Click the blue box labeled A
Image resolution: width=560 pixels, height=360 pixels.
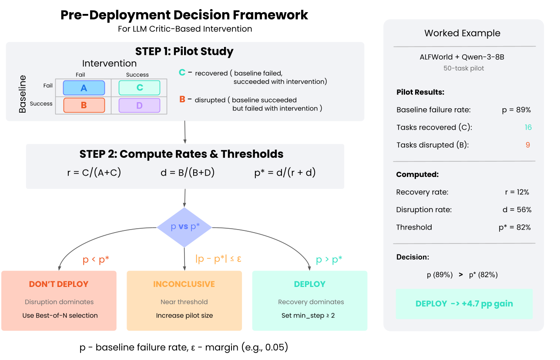click(84, 88)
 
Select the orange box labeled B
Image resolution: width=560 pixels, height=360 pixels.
click(84, 105)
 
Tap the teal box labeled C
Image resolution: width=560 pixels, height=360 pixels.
click(139, 88)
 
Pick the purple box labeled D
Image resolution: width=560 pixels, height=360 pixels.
click(139, 105)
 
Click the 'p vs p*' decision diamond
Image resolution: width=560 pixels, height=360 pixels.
click(184, 227)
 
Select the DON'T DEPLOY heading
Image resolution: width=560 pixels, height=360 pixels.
click(59, 284)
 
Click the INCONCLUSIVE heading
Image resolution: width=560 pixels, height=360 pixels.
click(184, 284)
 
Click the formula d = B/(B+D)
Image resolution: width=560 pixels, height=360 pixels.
click(188, 173)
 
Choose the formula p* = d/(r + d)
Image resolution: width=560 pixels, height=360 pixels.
click(285, 173)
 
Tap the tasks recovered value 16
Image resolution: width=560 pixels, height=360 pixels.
click(528, 127)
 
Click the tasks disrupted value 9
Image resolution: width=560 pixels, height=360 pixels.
click(528, 145)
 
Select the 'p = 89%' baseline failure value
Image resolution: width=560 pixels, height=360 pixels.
click(516, 110)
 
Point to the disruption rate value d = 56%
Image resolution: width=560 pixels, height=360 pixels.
click(517, 210)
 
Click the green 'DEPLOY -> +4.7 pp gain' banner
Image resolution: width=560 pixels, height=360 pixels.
click(464, 304)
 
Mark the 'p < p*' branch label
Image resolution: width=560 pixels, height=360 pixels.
click(96, 260)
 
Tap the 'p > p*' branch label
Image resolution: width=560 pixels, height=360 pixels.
click(329, 260)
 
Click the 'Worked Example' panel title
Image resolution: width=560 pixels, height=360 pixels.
click(462, 33)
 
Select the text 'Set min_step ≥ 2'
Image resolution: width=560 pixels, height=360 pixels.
click(308, 315)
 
